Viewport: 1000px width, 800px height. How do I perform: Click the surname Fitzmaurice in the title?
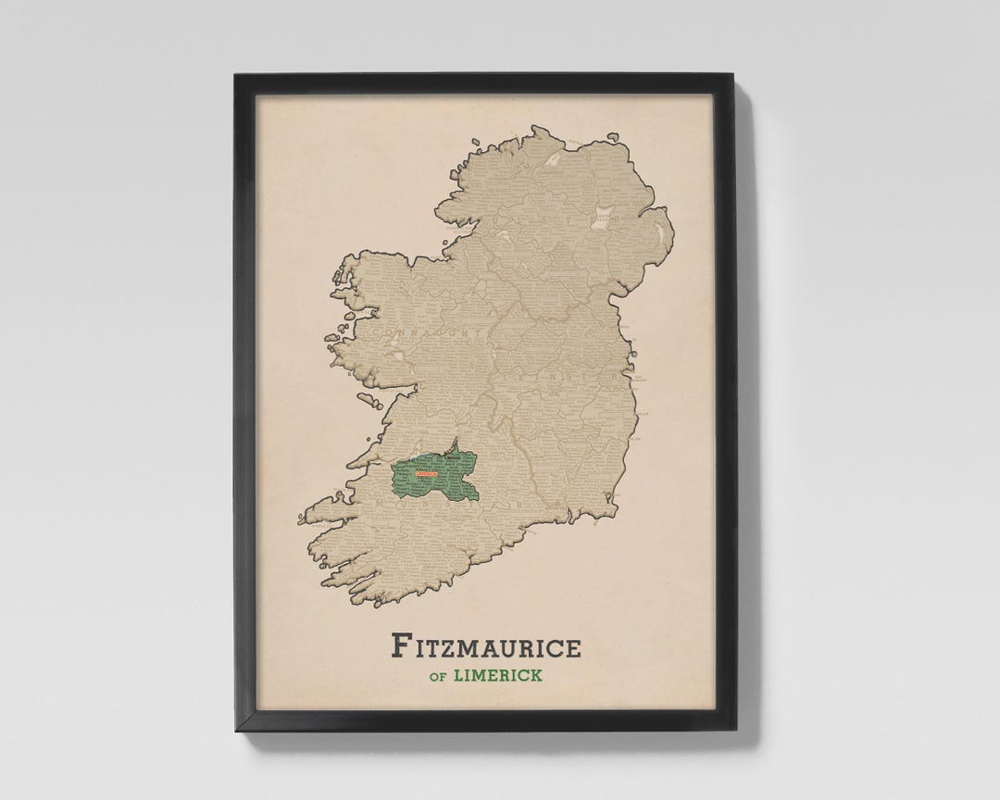[486, 645]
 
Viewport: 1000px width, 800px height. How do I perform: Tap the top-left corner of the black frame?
[236, 75]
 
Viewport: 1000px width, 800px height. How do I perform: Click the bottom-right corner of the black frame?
[735, 730]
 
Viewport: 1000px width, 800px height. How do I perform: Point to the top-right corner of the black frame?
[735, 75]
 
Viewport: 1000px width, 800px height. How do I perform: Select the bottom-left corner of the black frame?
[236, 730]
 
